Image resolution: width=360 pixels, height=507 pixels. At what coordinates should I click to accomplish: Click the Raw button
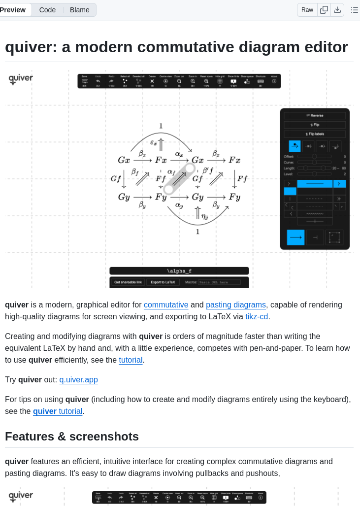pyautogui.click(x=307, y=10)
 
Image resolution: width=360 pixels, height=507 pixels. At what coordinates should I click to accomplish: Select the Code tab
pyautogui.click(x=47, y=10)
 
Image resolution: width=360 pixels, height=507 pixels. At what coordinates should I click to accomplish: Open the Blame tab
pyautogui.click(x=80, y=10)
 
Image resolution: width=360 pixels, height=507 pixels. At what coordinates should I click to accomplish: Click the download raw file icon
pyautogui.click(x=337, y=10)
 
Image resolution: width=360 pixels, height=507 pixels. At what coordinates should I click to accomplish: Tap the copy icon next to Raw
pyautogui.click(x=324, y=10)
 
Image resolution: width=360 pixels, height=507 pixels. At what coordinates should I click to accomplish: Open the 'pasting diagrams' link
pyautogui.click(x=236, y=304)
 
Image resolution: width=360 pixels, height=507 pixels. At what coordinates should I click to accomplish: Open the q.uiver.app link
pyautogui.click(x=79, y=379)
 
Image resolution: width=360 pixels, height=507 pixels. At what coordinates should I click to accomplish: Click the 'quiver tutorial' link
pyautogui.click(x=58, y=411)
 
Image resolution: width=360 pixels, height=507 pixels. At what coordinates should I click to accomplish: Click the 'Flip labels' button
pyautogui.click(x=315, y=134)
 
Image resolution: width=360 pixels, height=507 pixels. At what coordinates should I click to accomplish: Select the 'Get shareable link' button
pyautogui.click(x=128, y=282)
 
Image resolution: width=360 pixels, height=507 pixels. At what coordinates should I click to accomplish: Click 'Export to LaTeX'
pyautogui.click(x=163, y=282)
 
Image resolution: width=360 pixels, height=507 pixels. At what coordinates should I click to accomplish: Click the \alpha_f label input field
pyautogui.click(x=179, y=271)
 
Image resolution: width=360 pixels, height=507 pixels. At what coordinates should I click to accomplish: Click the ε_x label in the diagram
pyautogui.click(x=154, y=143)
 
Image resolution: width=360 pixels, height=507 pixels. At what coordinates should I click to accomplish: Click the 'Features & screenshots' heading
pyautogui.click(x=72, y=437)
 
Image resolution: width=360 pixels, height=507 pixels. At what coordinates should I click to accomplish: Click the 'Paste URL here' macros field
pyautogui.click(x=219, y=282)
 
